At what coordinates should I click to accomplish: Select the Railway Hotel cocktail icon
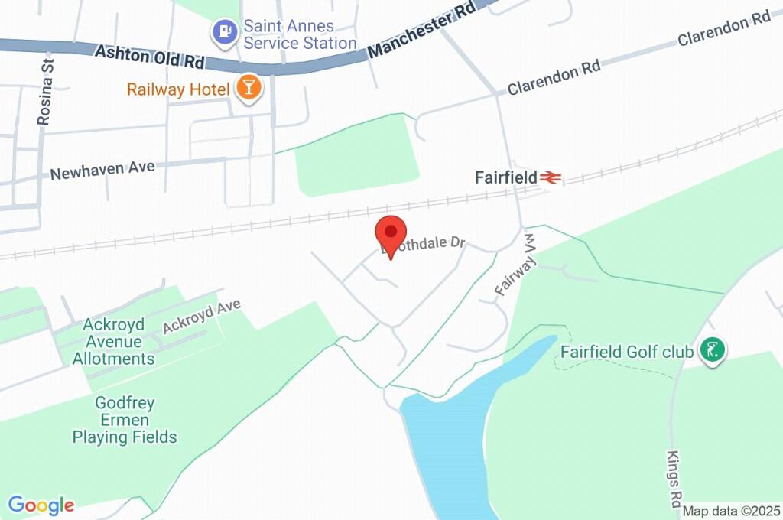pos(249,89)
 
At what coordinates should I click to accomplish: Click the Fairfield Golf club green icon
pos(713,352)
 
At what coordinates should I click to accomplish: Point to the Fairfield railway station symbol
pos(550,177)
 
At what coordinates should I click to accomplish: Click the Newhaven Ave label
pos(102,170)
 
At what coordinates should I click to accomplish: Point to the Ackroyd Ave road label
pos(201,316)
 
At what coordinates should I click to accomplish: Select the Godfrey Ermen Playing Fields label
pos(125,420)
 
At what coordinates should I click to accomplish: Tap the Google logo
pos(41,505)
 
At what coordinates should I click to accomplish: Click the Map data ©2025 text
pos(732,511)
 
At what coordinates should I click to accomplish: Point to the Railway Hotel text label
pos(178,89)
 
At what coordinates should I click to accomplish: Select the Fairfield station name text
pos(505,177)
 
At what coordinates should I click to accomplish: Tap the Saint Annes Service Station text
pos(300,34)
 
